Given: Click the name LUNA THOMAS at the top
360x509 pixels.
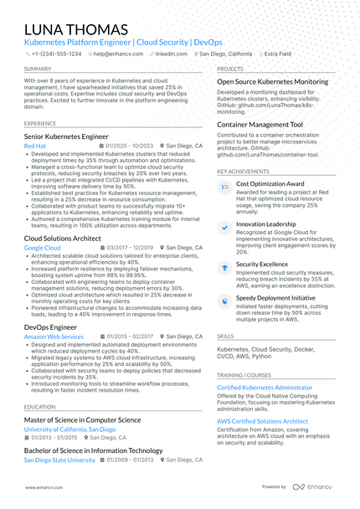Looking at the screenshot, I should (x=76, y=30).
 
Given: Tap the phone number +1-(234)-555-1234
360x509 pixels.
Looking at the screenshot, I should (x=58, y=53).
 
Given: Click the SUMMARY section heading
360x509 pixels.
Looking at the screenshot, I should (x=38, y=69).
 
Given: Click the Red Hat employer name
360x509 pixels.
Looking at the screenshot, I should (x=36, y=146).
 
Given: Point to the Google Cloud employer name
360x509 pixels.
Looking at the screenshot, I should (x=42, y=249).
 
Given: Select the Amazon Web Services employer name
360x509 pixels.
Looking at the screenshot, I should (x=54, y=337).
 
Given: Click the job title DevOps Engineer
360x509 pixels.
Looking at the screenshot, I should (x=51, y=326).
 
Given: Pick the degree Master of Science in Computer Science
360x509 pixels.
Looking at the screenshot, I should (x=82, y=419).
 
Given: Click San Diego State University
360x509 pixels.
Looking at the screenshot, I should (x=59, y=460).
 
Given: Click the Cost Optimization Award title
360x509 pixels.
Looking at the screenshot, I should (x=270, y=183).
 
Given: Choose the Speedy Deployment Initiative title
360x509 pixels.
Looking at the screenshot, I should (x=275, y=297).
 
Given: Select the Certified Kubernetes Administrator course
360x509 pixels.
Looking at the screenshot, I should (x=270, y=388).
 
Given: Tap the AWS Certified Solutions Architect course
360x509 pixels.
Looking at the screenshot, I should (x=262, y=421).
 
